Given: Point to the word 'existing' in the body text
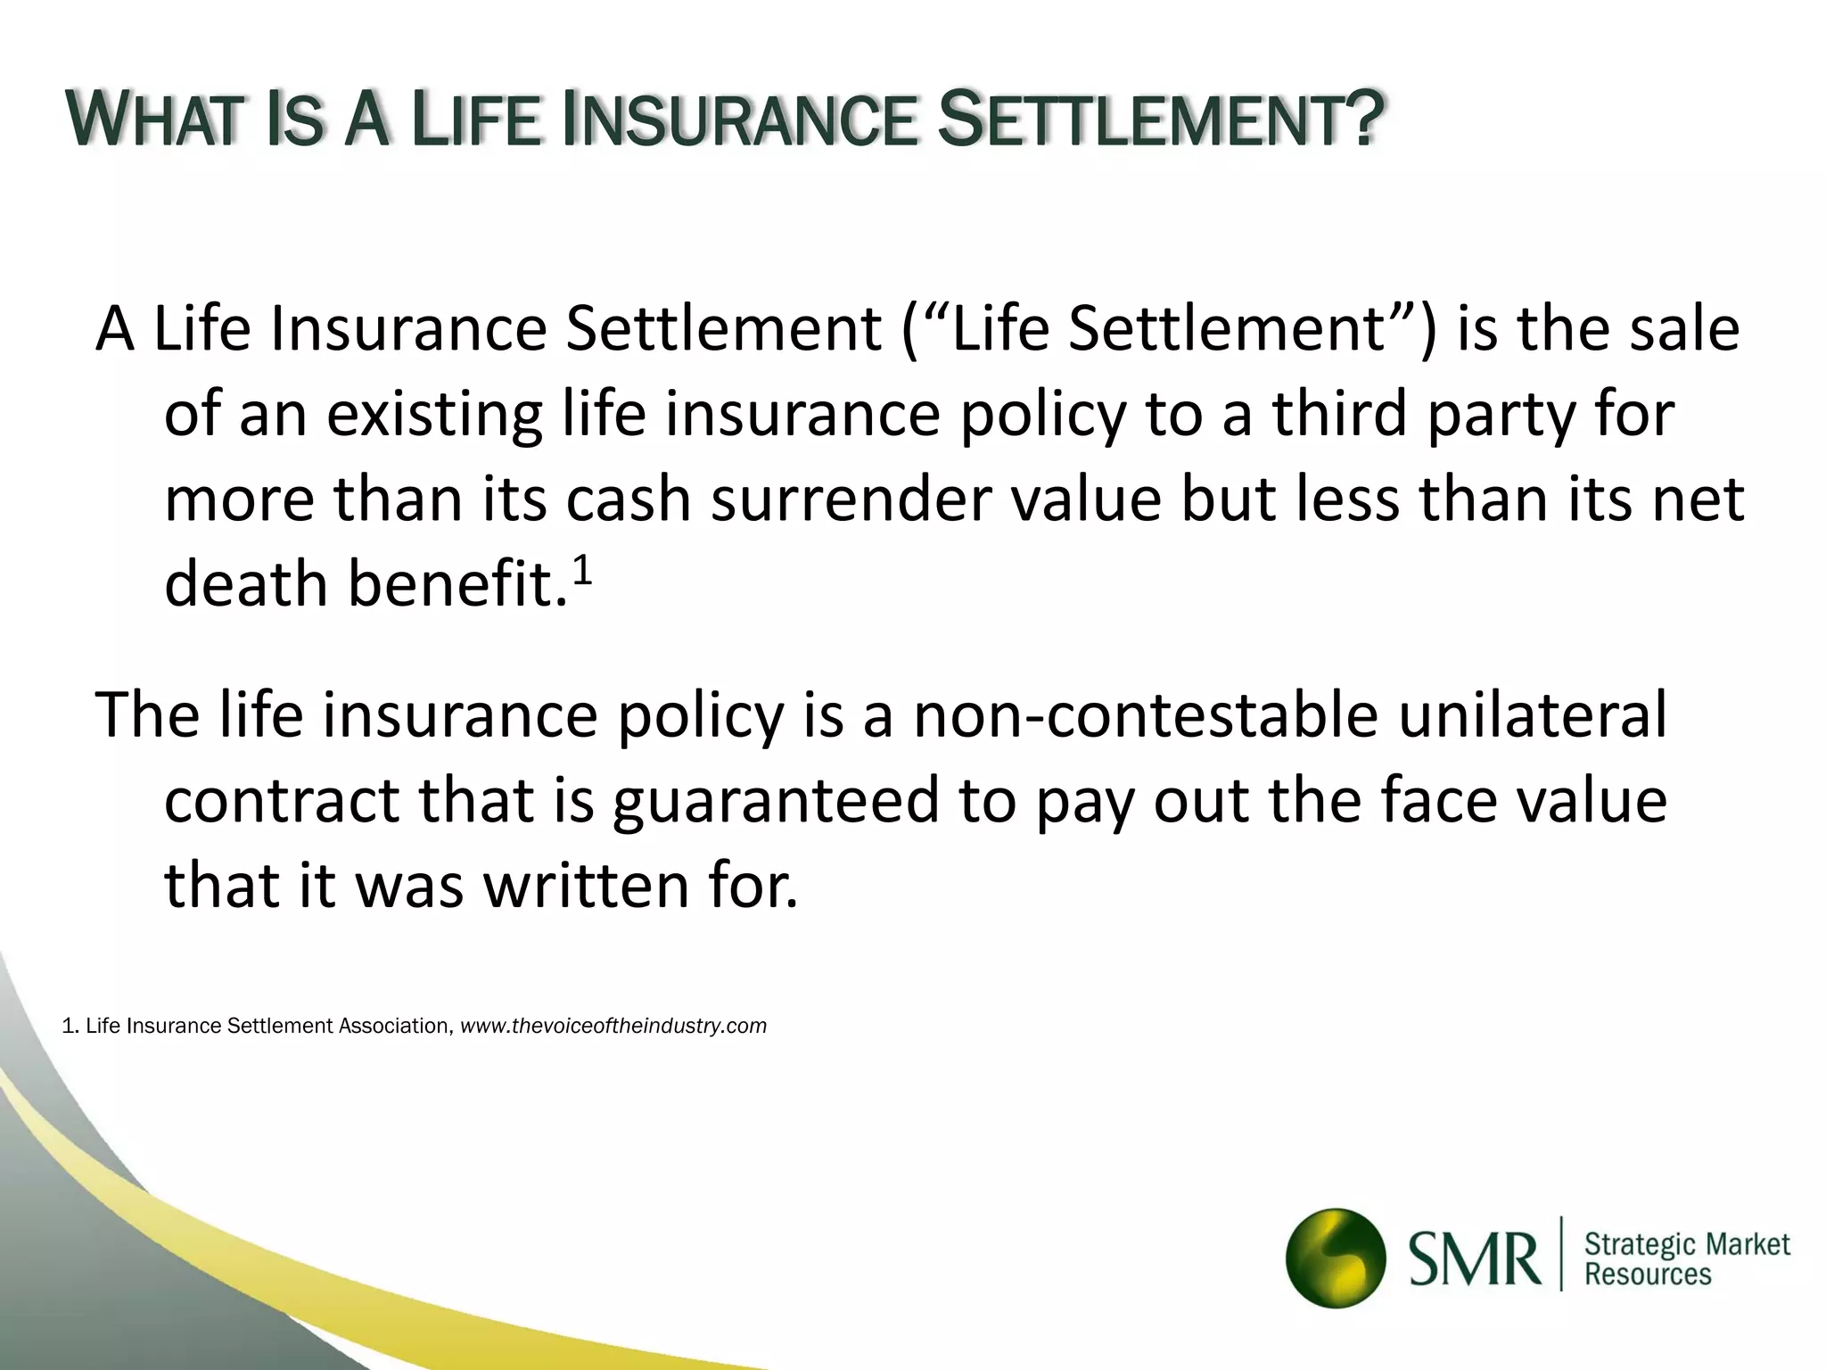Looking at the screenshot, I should [434, 416].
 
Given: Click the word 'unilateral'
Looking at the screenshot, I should [1532, 714].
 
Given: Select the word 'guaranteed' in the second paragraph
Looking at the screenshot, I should [776, 800].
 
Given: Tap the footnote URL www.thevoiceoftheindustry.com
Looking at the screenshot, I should [613, 1026].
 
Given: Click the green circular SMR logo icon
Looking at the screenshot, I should [1335, 1258].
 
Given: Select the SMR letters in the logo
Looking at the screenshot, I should [1475, 1259].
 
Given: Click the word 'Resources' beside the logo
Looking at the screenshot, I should [1648, 1275].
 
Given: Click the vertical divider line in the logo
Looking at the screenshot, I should [1561, 1253].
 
